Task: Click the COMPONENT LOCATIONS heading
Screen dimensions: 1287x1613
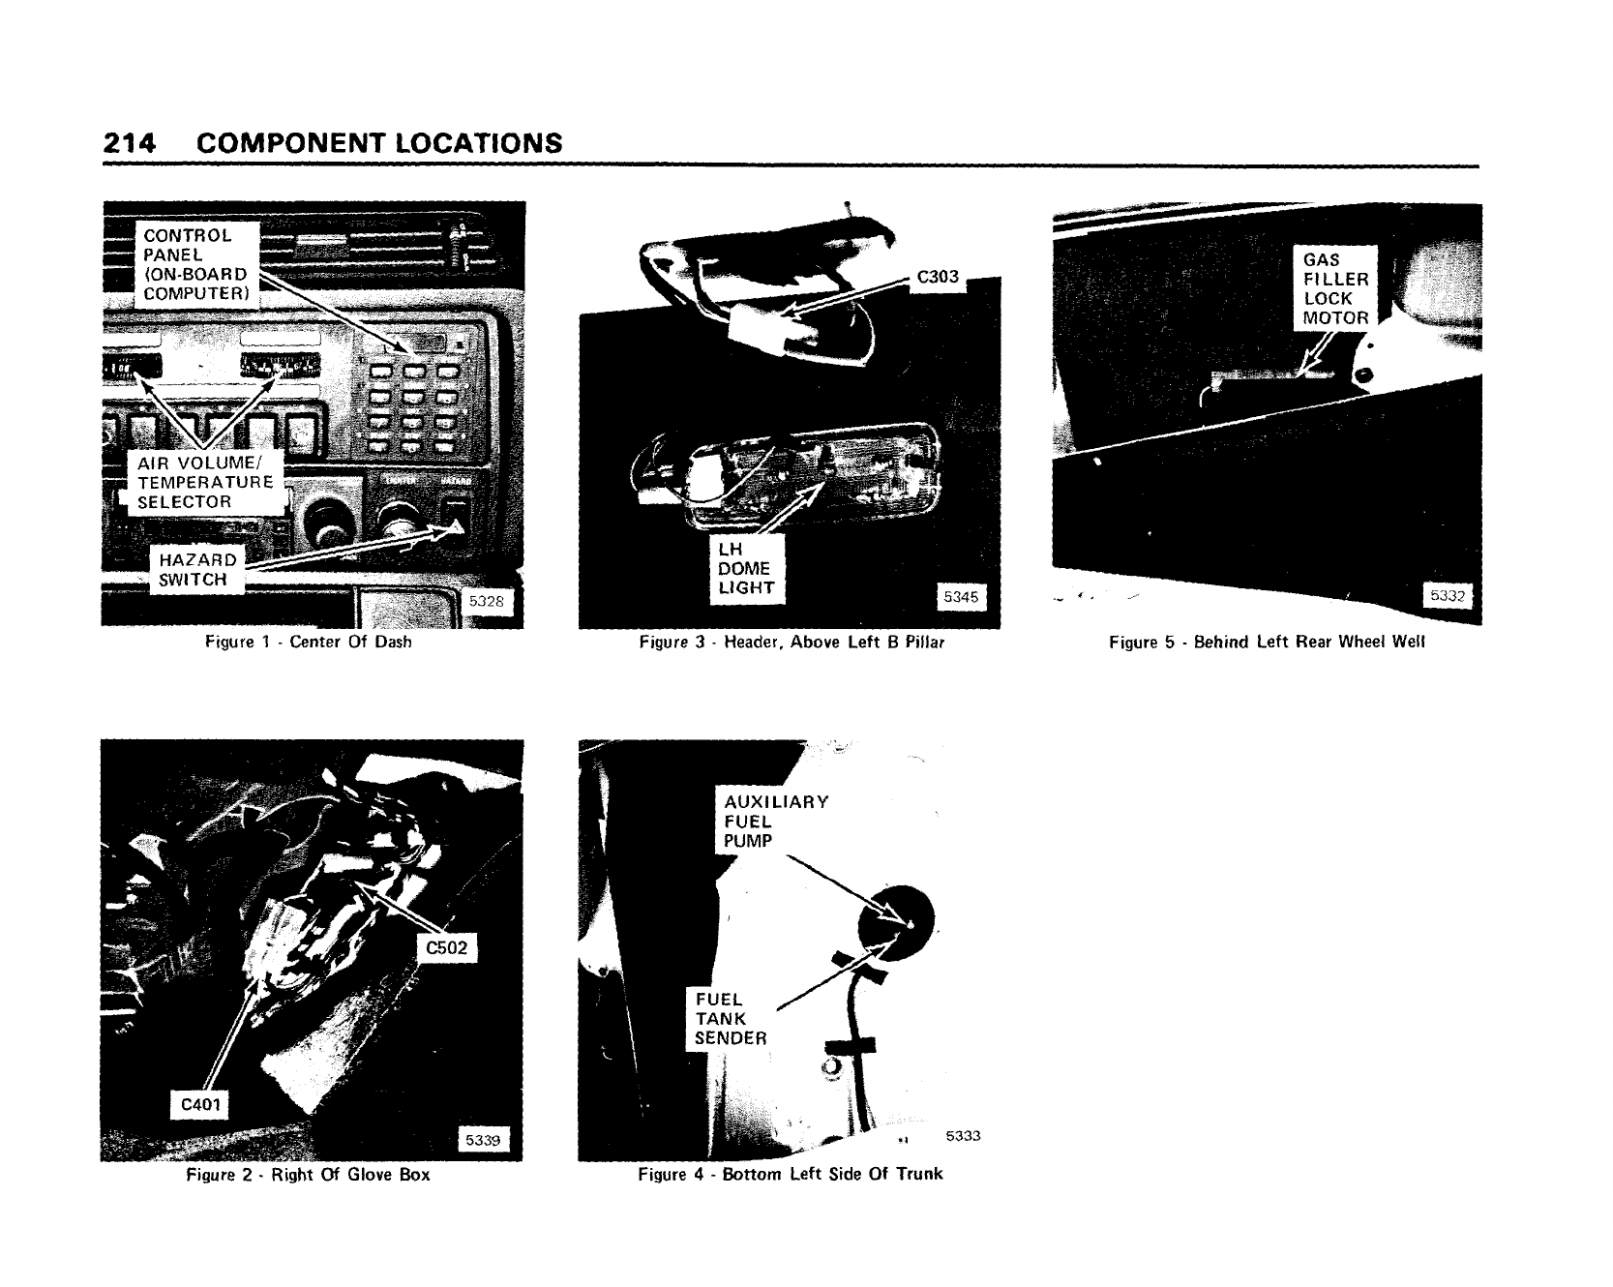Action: coord(378,143)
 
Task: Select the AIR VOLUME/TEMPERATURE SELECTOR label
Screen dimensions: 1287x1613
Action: coord(205,481)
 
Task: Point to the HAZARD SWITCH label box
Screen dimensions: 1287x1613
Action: coord(196,570)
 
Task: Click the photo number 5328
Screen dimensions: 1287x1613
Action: coord(486,601)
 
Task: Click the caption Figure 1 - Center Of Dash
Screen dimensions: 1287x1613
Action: coord(309,642)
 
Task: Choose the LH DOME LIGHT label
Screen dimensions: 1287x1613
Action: coord(745,568)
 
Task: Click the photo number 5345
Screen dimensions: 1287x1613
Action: coord(961,597)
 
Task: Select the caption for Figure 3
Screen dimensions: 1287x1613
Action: coord(792,642)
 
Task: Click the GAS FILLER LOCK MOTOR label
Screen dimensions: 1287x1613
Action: coord(1335,288)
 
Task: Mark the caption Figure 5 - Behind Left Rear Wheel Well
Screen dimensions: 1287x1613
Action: coord(1267,642)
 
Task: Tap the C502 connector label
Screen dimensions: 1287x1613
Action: coord(446,947)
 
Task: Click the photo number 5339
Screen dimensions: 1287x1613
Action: coord(482,1140)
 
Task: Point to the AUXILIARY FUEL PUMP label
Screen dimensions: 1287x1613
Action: coord(776,821)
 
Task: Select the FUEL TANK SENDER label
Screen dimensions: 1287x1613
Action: coord(731,1018)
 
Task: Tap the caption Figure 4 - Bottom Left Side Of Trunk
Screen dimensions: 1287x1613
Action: coord(790,1174)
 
